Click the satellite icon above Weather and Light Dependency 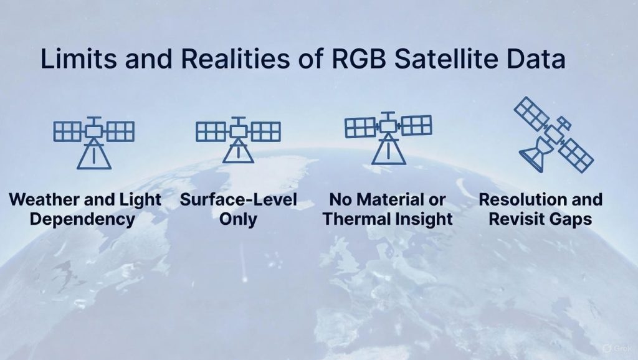(x=94, y=143)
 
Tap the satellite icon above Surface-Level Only (x=238, y=140)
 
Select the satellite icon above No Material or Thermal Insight (x=388, y=138)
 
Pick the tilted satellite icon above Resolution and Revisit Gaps (x=554, y=135)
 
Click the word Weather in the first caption (x=46, y=200)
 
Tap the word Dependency (x=82, y=219)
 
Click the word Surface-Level (x=239, y=200)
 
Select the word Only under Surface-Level (x=238, y=219)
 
